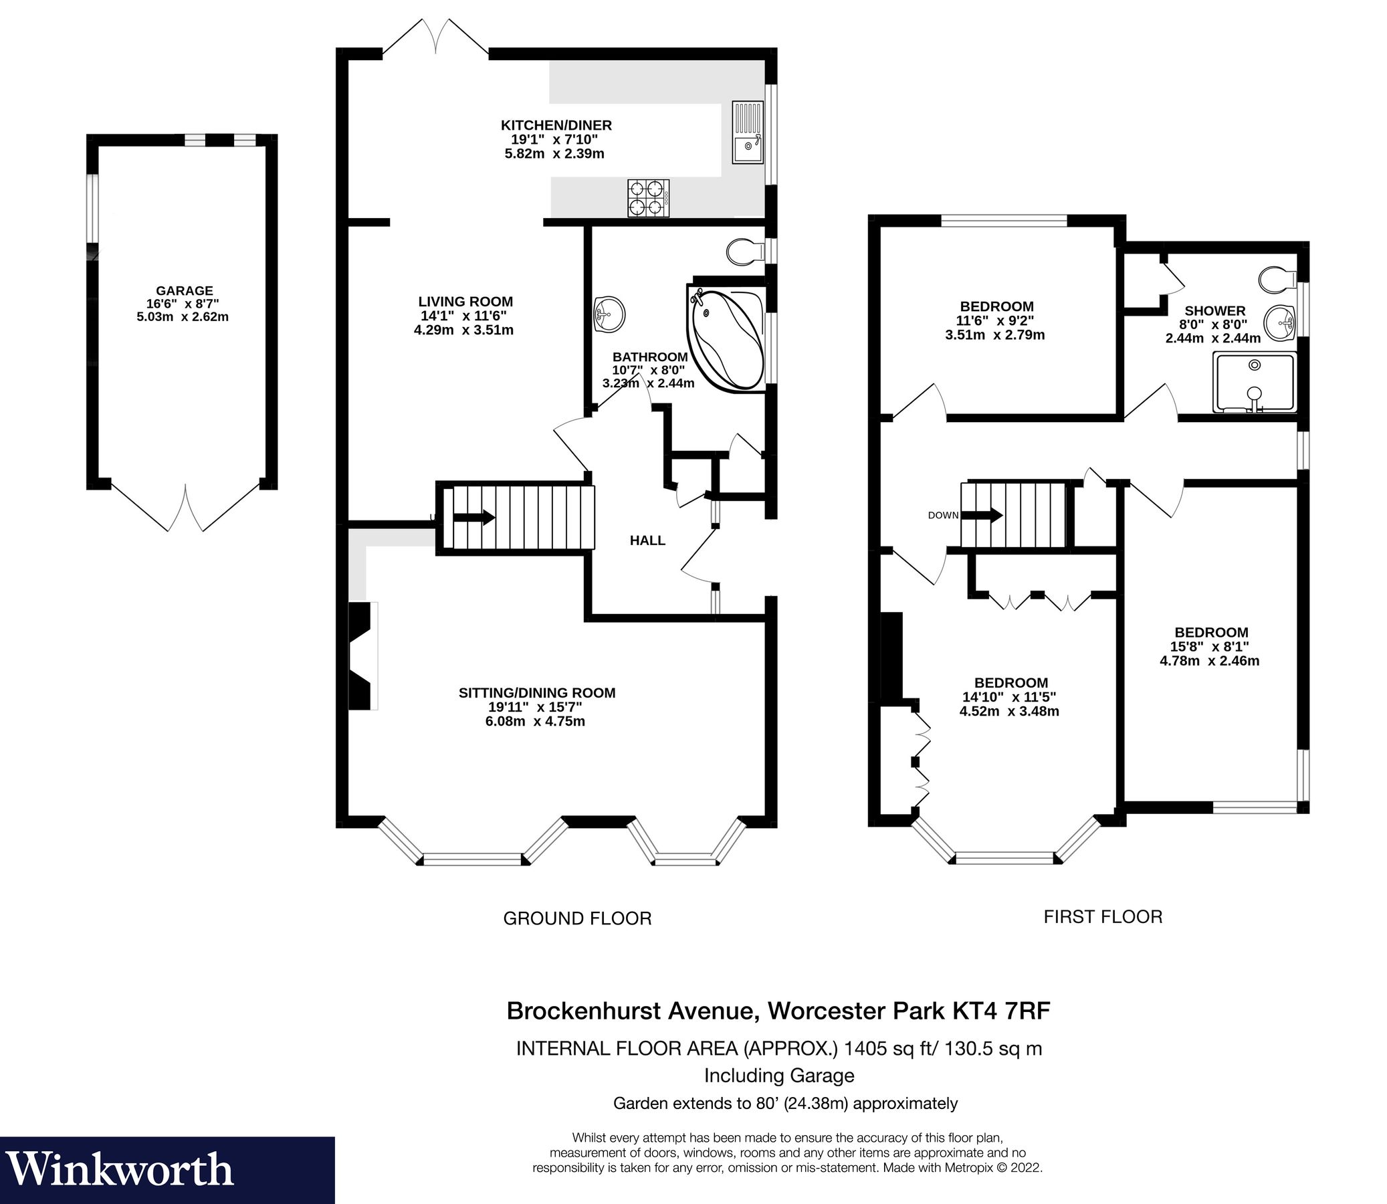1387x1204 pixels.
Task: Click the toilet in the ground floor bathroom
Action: (745, 252)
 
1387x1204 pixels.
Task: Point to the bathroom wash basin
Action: (609, 314)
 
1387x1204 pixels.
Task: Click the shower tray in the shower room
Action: (1253, 383)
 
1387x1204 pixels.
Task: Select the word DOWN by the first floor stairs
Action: (943, 515)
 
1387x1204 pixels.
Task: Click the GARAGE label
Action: (184, 291)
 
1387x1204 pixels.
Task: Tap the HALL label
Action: (647, 540)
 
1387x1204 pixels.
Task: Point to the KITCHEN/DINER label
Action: (556, 125)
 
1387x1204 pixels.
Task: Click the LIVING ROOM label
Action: (465, 302)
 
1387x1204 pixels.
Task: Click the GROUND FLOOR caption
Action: (577, 918)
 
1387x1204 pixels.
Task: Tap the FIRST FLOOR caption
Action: (1102, 916)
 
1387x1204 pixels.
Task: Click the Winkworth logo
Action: (121, 1169)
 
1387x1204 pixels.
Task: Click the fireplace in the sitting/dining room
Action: (362, 655)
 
